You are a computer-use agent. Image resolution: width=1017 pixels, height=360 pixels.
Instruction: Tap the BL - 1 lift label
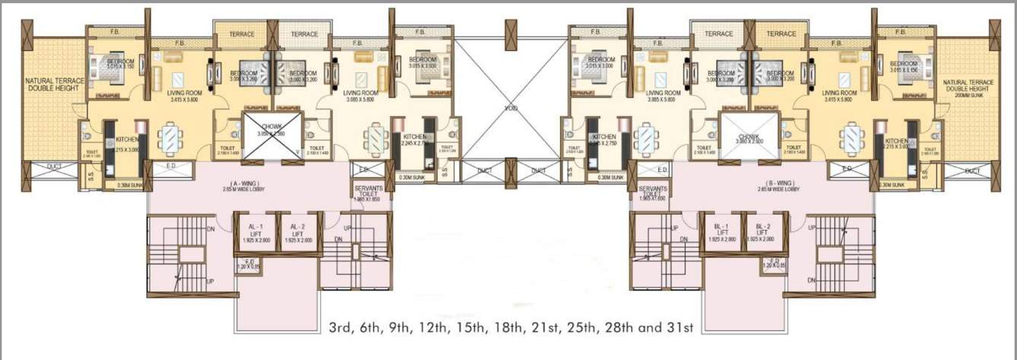[719, 231]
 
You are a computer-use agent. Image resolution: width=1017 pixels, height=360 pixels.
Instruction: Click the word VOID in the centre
[511, 109]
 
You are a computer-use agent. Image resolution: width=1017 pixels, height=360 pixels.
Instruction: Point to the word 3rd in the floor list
[342, 329]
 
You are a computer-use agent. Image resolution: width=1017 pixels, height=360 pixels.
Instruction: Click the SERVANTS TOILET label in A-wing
[368, 193]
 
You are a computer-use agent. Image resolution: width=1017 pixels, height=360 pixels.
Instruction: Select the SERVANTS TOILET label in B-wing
[652, 193]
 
